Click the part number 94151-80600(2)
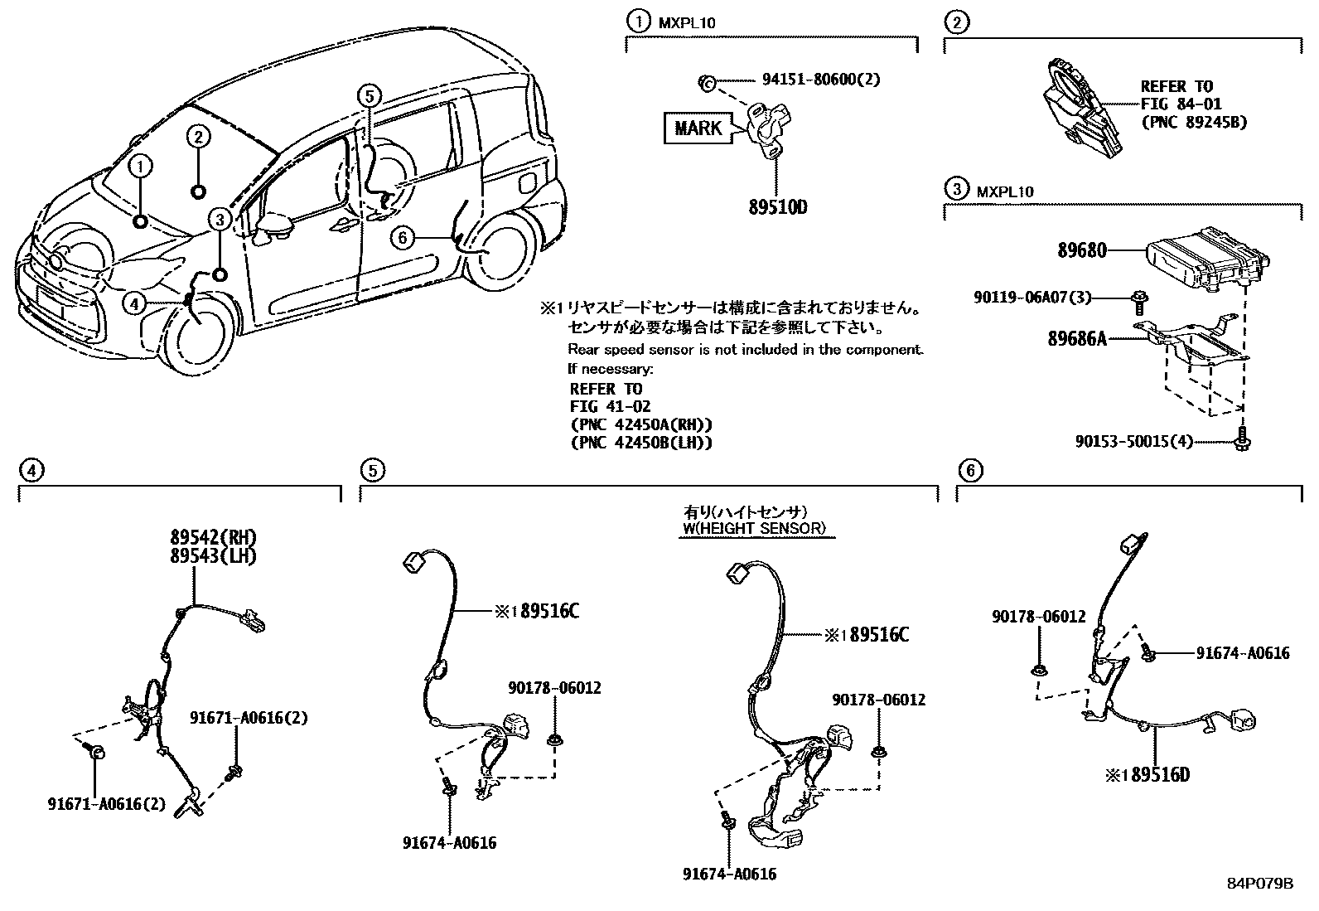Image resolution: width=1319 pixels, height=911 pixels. pos(820,80)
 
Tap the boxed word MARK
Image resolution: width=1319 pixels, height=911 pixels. pos(698,128)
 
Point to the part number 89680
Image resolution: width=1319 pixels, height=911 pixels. pos(1081,250)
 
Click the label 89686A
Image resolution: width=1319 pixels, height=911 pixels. pos(1076,338)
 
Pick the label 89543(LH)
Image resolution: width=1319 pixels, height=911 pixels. pos(215,555)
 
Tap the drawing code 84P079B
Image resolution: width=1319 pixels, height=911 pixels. pos(1259,884)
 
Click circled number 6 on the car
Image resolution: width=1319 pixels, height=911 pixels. pos(402,239)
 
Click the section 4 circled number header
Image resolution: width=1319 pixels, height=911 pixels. pos(30,471)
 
